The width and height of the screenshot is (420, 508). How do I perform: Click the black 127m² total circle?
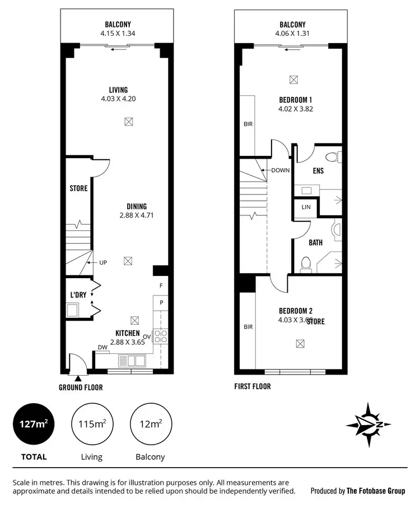(x=34, y=424)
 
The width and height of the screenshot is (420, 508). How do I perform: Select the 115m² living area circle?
(x=92, y=424)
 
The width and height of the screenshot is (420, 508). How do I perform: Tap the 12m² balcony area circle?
(x=150, y=424)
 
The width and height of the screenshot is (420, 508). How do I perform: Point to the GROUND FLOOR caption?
(x=81, y=387)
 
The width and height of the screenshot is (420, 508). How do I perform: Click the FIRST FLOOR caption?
(x=253, y=386)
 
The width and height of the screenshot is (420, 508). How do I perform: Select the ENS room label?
(x=318, y=171)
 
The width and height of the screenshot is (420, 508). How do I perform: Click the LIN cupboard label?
(x=306, y=207)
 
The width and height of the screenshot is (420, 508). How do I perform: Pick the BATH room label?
(x=315, y=243)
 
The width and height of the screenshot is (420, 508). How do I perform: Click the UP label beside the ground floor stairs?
(x=103, y=262)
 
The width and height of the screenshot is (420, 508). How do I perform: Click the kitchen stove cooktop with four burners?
(x=161, y=336)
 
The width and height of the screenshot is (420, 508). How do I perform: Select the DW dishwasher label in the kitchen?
(x=102, y=348)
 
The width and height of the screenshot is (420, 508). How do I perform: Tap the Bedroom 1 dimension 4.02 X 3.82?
(x=295, y=109)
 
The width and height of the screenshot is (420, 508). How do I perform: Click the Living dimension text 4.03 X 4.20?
(x=118, y=99)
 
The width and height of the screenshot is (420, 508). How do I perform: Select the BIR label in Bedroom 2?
(x=248, y=326)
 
